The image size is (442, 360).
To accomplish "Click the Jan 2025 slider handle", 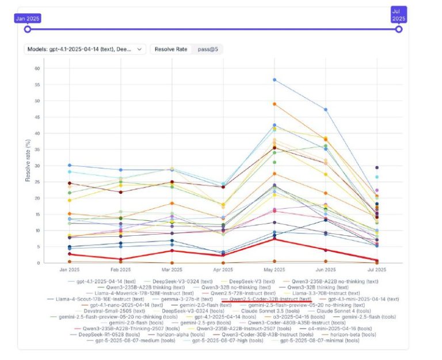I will (x=28, y=29).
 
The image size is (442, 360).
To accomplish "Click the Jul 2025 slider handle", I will (x=398, y=29).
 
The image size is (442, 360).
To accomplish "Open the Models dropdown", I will (x=85, y=49).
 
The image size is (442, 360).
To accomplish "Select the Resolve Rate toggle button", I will (x=171, y=49).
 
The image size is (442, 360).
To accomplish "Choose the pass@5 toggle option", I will (x=207, y=49).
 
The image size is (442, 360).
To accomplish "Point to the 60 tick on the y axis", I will (x=37, y=68).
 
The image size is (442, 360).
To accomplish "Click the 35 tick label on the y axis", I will (x=37, y=150).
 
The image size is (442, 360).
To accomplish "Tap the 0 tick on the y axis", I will (x=39, y=263).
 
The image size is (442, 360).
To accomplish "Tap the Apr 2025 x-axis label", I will (x=223, y=269).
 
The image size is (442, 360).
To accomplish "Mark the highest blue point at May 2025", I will (x=275, y=79).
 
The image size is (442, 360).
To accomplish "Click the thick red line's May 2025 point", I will (x=275, y=238).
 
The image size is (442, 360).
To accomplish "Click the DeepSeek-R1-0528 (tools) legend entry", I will (x=105, y=335).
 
